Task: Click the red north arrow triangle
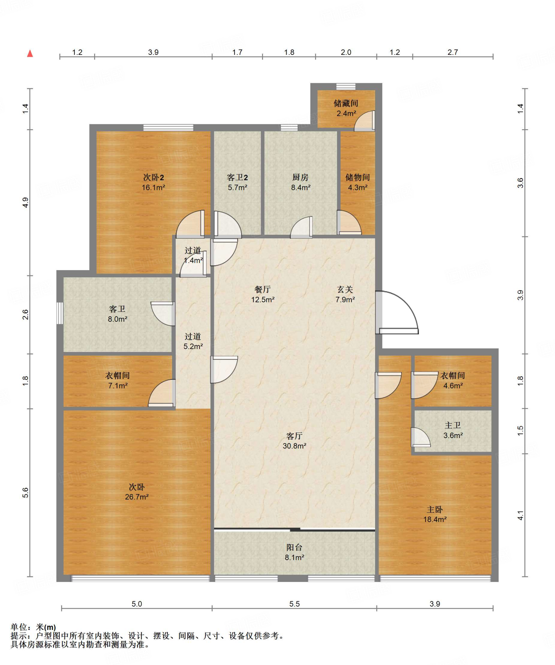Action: (x=30, y=53)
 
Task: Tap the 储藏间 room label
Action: (x=346, y=103)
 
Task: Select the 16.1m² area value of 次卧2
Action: (x=153, y=187)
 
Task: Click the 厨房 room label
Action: (x=300, y=177)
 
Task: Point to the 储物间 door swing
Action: (x=349, y=222)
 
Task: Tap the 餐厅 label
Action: (x=262, y=289)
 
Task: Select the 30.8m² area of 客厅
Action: (x=294, y=446)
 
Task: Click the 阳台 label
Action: (x=294, y=547)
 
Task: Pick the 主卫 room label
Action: (x=453, y=425)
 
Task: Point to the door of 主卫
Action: (x=421, y=437)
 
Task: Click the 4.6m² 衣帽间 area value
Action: (x=453, y=385)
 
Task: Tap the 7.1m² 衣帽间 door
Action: (x=162, y=393)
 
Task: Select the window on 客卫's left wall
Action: (x=60, y=313)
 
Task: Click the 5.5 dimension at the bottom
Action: (x=294, y=604)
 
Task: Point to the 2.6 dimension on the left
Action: (x=25, y=314)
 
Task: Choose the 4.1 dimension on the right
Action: (x=520, y=515)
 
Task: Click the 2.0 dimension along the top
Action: (x=346, y=52)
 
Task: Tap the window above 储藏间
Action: (x=346, y=86)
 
